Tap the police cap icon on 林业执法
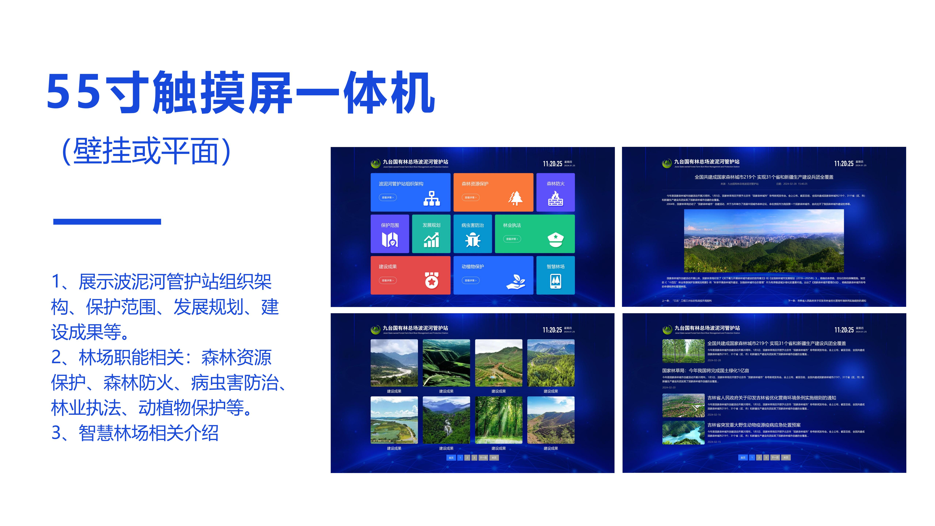click(x=555, y=240)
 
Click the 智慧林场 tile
click(x=555, y=275)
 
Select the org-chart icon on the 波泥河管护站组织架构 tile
click(x=432, y=198)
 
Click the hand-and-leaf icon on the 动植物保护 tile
click(x=515, y=281)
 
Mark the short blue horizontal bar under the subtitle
click(x=107, y=221)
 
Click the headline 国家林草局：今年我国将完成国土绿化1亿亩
click(x=705, y=371)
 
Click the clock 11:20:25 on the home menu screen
click(x=552, y=164)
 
